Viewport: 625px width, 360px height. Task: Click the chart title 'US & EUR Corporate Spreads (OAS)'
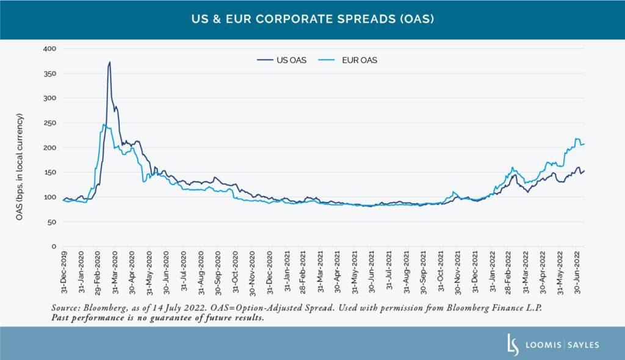coord(312,19)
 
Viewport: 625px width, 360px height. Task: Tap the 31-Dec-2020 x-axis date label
coord(270,269)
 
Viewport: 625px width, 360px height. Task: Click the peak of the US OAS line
coord(109,62)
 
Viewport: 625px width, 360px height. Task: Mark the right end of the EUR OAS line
coord(584,143)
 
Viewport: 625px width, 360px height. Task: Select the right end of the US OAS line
coord(584,170)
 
